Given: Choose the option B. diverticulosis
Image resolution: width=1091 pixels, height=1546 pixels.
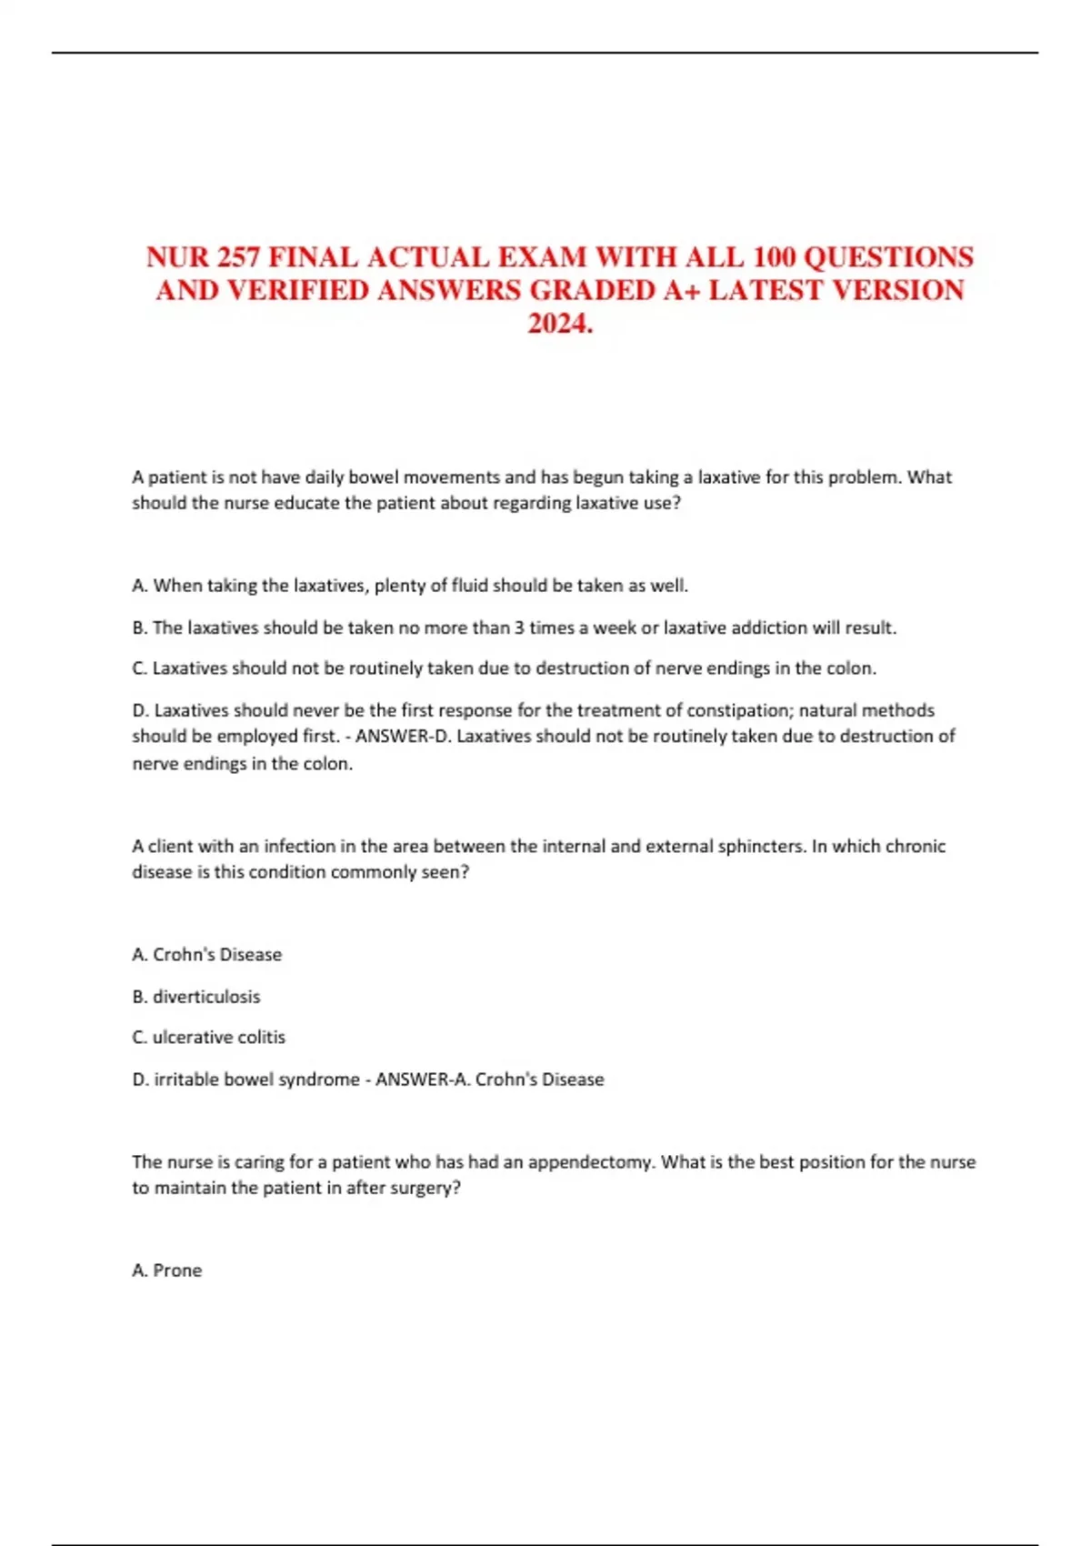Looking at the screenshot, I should coord(195,997).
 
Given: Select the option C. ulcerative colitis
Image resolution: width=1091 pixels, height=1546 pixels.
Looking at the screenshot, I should coord(208,1038).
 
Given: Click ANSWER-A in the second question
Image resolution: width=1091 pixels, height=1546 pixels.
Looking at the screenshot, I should coord(421,1079).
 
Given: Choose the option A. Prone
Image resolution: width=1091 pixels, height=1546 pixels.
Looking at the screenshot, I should coord(166,1270).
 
